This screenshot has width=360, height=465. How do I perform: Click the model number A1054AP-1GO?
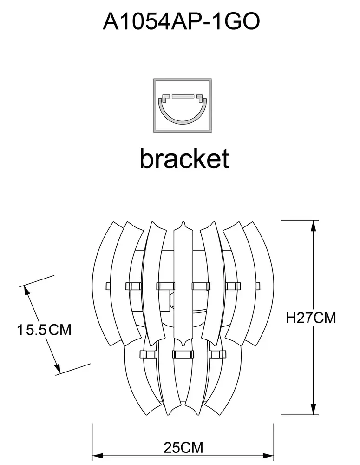coord(181,21)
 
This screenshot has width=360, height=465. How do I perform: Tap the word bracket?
coord(184,159)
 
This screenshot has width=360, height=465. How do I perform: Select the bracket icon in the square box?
coord(182,106)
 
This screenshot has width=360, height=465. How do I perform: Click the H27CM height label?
coord(311,318)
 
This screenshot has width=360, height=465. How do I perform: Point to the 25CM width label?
coord(183,448)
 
